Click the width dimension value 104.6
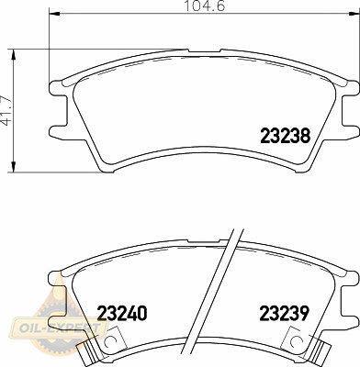coord(205,6)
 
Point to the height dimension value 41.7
coord(6,110)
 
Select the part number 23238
coord(286,136)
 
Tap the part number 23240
coord(122,313)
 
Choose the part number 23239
coord(284,313)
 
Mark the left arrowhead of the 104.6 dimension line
coord(54,14)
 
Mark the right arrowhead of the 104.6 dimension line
coord(354,14)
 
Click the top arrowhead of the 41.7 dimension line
coord(13,54)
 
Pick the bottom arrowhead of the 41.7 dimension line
coord(13,166)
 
